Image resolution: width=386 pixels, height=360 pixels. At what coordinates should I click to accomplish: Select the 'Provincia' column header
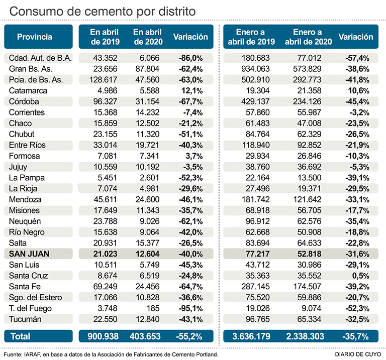[x=34, y=37]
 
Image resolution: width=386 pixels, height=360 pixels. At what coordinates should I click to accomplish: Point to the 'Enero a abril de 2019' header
[x=251, y=37]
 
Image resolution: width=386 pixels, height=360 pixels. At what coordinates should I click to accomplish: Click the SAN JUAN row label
[x=30, y=254]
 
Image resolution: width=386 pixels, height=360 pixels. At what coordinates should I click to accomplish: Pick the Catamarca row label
[x=28, y=91]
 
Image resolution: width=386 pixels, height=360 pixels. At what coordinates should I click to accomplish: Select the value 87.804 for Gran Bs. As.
[x=147, y=69]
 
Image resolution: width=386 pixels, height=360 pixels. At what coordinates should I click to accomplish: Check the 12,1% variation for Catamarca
[x=191, y=91]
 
